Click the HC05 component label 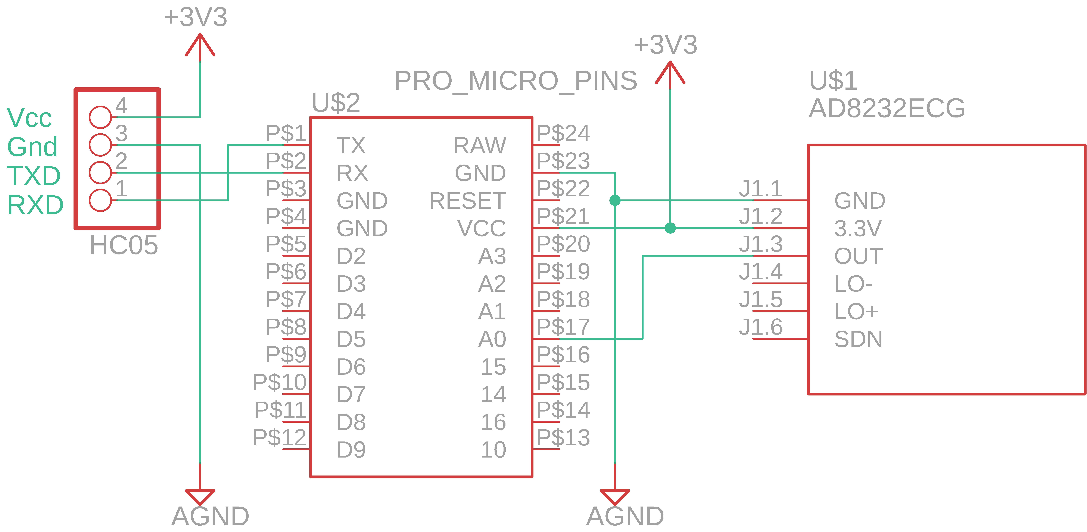(124, 245)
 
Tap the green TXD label (34, 176)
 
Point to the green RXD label (35, 205)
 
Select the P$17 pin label (563, 327)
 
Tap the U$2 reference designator (336, 103)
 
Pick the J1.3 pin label (760, 244)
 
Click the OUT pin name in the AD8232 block (858, 256)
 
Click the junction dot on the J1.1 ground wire (615, 201)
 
